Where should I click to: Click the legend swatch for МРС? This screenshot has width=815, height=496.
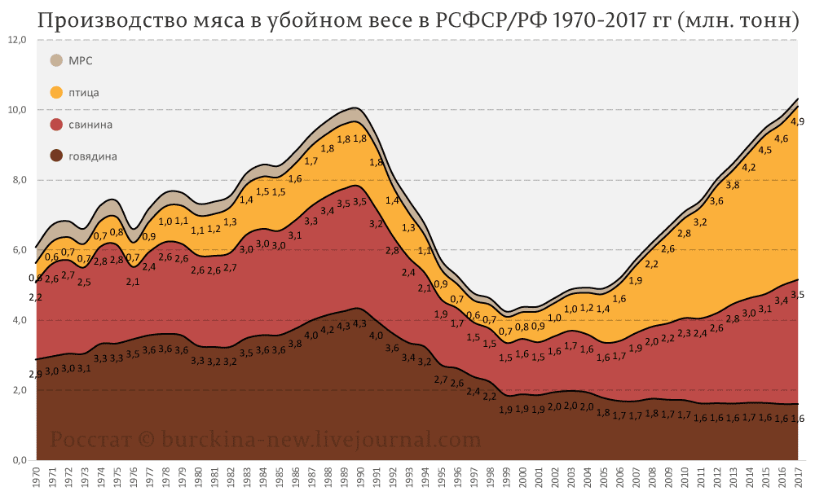tap(56, 60)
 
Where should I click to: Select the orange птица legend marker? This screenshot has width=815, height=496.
tap(56, 92)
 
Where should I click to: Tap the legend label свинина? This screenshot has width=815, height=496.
tap(90, 125)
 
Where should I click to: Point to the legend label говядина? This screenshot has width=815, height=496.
tap(93, 156)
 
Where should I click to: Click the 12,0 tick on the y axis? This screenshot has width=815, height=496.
tap(18, 39)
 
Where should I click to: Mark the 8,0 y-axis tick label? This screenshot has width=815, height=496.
tap(18, 180)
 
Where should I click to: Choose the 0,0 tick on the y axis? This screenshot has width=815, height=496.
tap(18, 461)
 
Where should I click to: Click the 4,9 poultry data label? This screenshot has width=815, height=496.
tap(798, 122)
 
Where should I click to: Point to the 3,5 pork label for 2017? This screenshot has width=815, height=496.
tap(798, 295)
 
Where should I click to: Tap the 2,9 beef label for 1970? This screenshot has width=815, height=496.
tap(35, 374)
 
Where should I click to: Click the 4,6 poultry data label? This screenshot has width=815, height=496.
tap(781, 139)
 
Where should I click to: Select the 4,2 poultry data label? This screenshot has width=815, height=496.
tap(748, 168)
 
